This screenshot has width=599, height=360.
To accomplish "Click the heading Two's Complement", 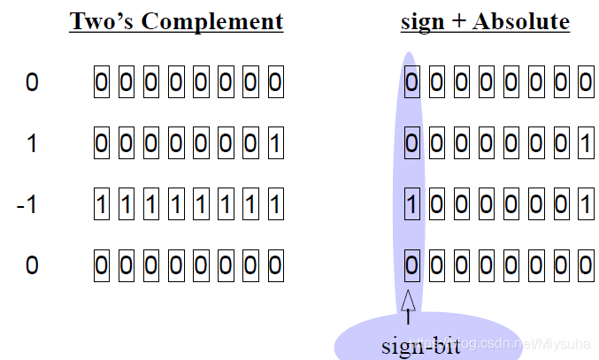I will point(176,21).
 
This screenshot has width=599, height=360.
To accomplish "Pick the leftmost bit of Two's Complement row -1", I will point(101,205).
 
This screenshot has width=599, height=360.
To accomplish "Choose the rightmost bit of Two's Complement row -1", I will point(274,205).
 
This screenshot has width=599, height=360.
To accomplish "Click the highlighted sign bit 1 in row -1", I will point(411,205).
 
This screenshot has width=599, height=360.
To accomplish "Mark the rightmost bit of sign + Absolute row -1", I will point(584,205).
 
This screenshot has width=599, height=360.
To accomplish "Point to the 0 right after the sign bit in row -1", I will point(436,205).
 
